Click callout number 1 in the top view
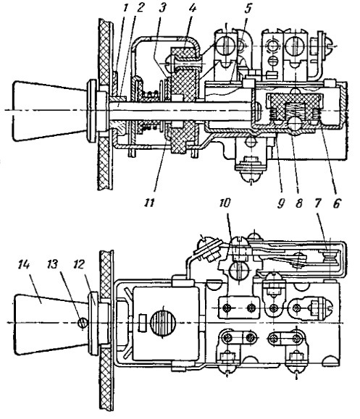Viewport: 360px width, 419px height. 125,8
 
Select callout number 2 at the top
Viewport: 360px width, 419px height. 139,8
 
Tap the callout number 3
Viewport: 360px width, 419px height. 162,8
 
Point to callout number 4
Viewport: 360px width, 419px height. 192,8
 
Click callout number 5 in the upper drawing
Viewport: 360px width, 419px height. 248,8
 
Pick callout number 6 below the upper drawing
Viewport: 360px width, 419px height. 336,204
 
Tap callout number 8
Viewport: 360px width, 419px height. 298,204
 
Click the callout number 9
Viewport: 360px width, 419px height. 280,204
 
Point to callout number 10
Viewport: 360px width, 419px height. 225,203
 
